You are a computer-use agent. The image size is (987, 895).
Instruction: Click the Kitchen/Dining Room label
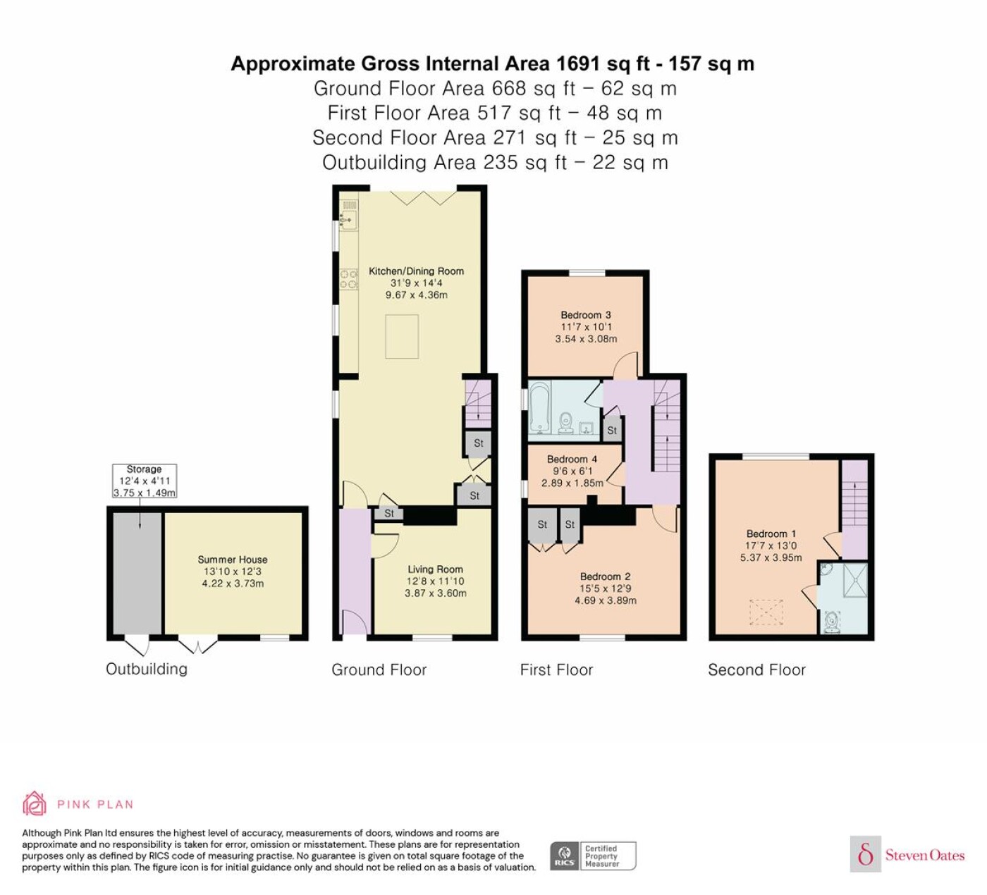click(x=416, y=271)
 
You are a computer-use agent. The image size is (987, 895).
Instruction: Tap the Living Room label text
click(x=435, y=569)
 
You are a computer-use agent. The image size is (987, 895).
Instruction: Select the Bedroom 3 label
click(x=586, y=315)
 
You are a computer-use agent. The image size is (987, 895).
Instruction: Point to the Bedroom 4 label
click(x=572, y=459)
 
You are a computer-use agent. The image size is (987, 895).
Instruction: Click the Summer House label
click(x=232, y=560)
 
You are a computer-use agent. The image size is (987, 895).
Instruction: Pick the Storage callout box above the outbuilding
click(x=144, y=481)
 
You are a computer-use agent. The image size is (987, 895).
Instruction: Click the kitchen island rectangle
click(x=402, y=337)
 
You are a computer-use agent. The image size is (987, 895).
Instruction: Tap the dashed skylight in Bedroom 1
click(x=766, y=612)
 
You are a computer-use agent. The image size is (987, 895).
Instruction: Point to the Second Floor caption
click(x=756, y=669)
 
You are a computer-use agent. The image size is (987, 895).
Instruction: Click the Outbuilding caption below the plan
click(x=147, y=669)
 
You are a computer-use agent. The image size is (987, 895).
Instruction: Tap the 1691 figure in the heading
click(x=578, y=63)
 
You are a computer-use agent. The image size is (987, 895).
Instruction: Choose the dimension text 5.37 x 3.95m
click(x=771, y=557)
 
